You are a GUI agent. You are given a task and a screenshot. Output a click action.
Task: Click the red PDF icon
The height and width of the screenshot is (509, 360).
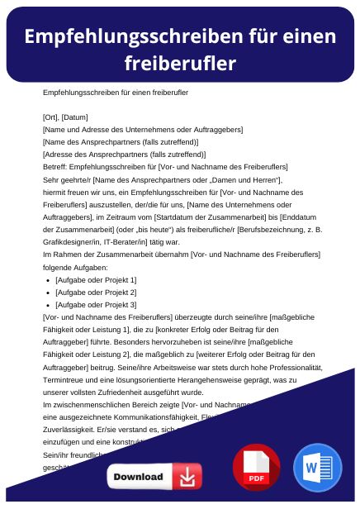[256, 467]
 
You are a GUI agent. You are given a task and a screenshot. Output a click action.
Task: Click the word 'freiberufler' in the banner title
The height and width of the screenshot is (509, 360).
[180, 63]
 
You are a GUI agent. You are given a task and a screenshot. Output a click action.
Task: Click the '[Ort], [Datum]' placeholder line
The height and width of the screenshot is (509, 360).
[65, 117]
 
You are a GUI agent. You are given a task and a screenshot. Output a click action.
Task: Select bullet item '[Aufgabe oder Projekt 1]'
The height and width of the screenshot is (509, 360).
[96, 280]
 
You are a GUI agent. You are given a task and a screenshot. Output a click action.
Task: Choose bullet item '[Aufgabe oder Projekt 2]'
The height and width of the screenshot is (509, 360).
[96, 293]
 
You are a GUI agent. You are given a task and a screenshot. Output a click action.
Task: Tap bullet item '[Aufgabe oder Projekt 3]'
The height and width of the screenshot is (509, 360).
[96, 305]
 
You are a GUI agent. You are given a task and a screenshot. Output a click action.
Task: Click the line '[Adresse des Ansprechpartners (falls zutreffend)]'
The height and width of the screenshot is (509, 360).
[112, 154]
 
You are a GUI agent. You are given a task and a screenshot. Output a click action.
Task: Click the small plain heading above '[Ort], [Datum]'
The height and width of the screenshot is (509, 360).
[103, 93]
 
